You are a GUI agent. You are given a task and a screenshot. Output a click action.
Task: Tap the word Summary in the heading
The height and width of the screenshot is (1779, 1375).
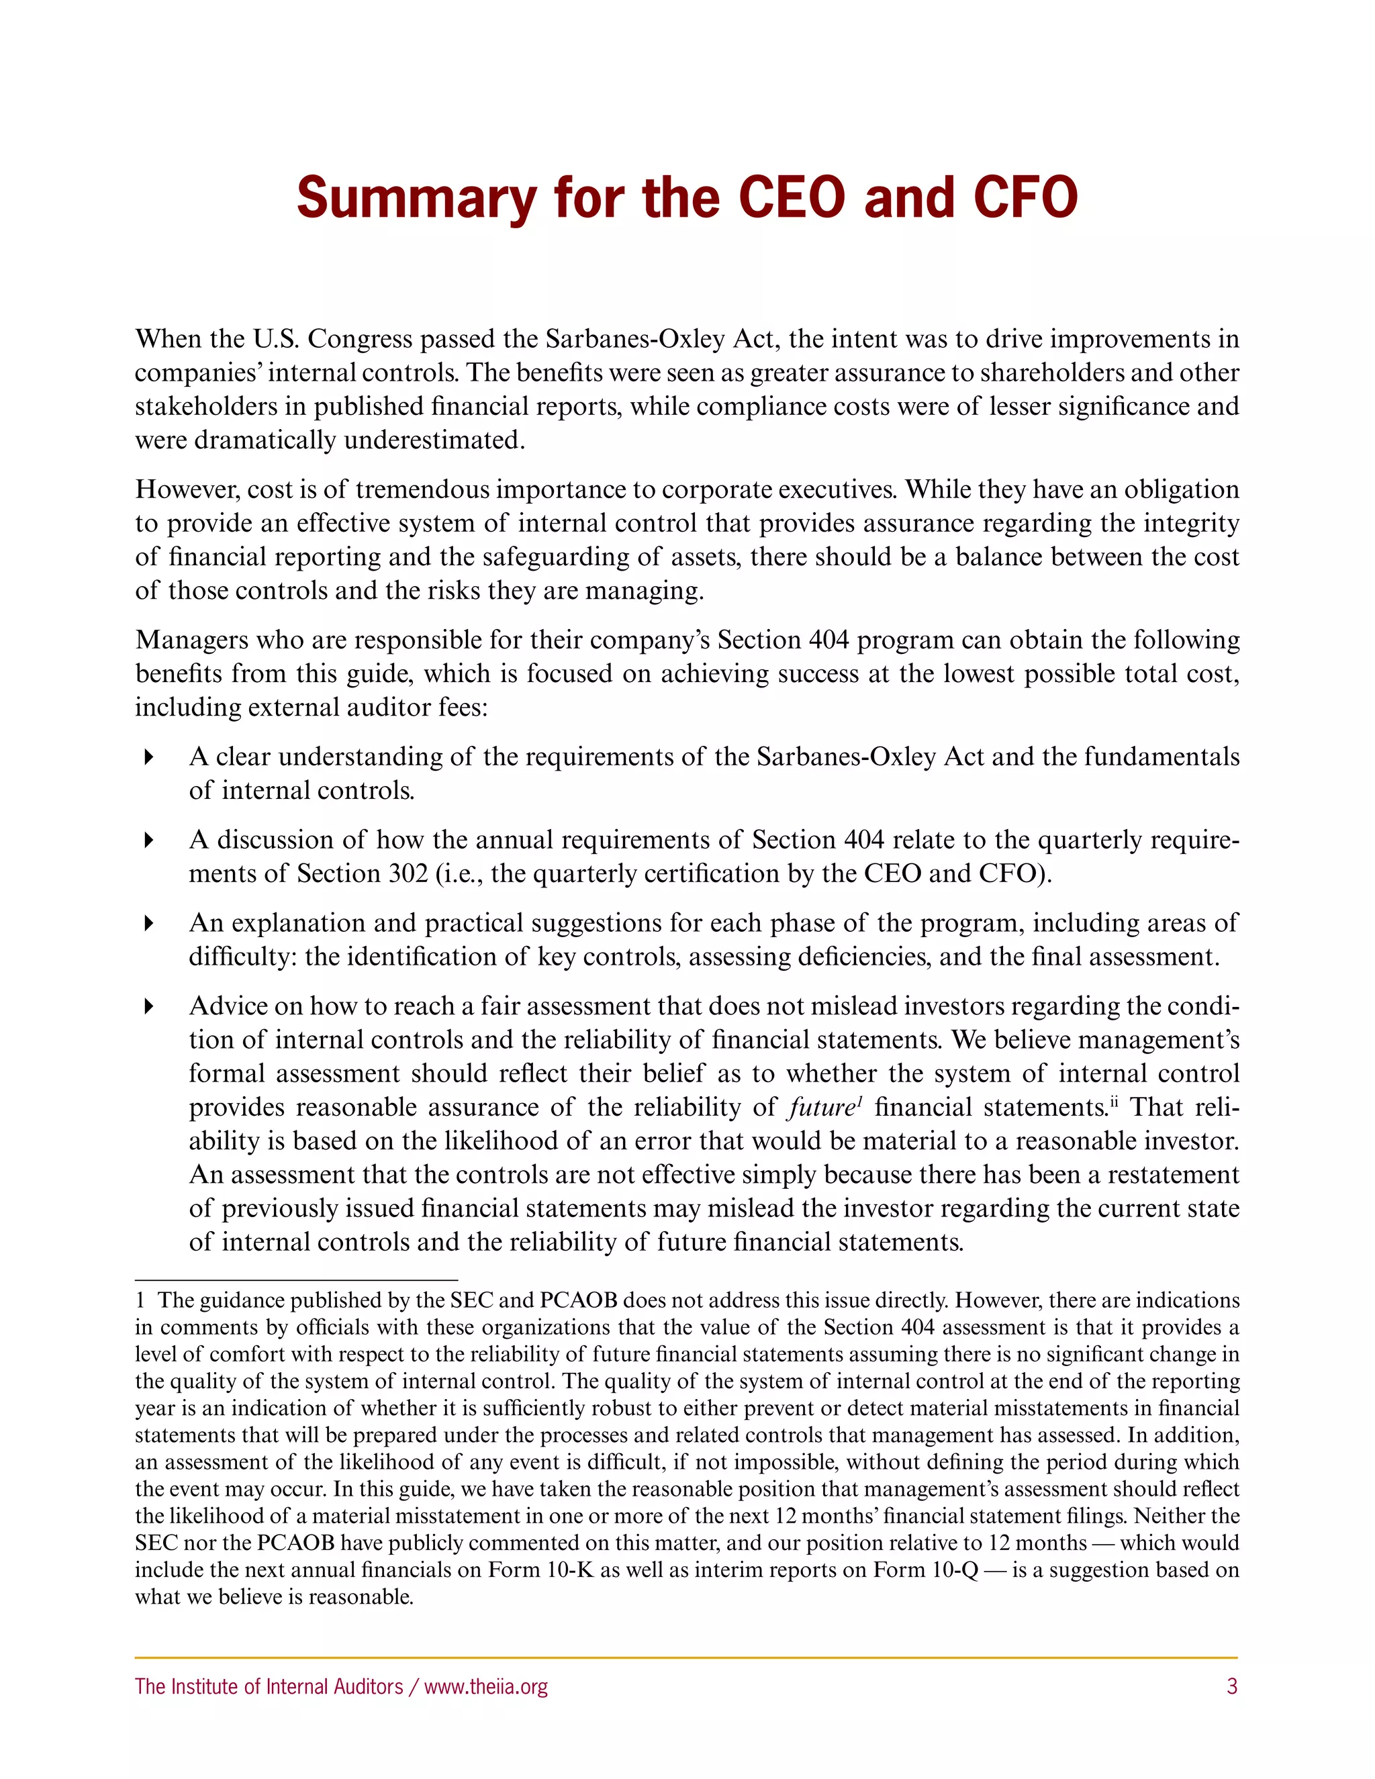pos(416,199)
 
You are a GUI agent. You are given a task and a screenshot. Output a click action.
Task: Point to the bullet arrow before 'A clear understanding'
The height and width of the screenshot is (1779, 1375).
pos(148,757)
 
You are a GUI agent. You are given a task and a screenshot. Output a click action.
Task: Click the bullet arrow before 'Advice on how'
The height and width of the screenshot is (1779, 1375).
pos(148,1007)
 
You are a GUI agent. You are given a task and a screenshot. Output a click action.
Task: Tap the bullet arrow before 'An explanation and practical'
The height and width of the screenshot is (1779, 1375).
pos(148,924)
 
